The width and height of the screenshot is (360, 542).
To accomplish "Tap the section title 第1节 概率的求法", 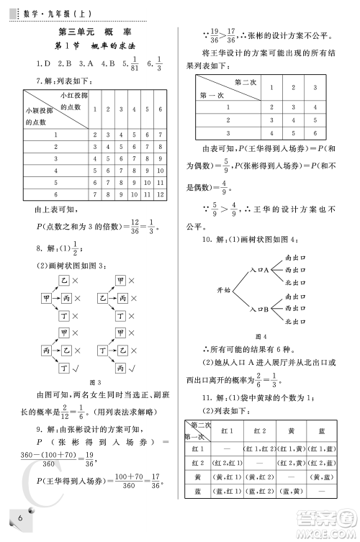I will pos(95,47).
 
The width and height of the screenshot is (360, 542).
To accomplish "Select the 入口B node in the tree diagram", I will pos(258,309).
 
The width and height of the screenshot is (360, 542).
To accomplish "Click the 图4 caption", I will pos(262,336).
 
